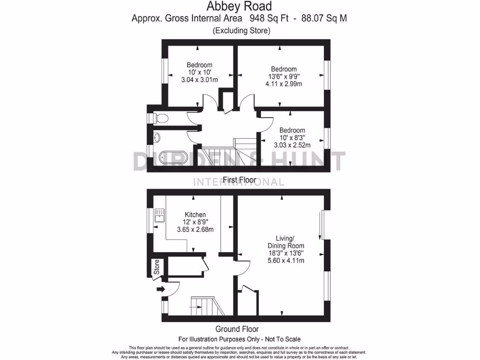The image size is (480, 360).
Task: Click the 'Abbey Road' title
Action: click(x=239, y=7)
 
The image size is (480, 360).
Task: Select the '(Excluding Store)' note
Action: click(x=241, y=31)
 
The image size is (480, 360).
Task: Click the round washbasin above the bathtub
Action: click(x=157, y=138)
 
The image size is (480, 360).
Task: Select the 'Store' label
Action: click(x=157, y=267)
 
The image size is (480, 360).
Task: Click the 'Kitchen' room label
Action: click(x=195, y=214)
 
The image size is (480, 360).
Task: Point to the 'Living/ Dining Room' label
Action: click(x=285, y=242)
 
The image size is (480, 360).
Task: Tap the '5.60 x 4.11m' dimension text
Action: click(x=285, y=261)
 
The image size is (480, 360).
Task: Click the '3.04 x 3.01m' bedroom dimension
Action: click(x=199, y=80)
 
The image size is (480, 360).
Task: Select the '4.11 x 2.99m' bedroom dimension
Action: click(x=283, y=84)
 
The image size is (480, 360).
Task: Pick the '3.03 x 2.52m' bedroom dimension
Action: click(x=292, y=145)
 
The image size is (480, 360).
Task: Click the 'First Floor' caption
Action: click(x=239, y=180)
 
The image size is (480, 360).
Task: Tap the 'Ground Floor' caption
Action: click(x=237, y=329)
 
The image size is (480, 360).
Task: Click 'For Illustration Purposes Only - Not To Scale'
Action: click(x=239, y=339)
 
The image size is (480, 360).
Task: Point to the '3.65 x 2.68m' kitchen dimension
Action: click(x=195, y=230)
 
